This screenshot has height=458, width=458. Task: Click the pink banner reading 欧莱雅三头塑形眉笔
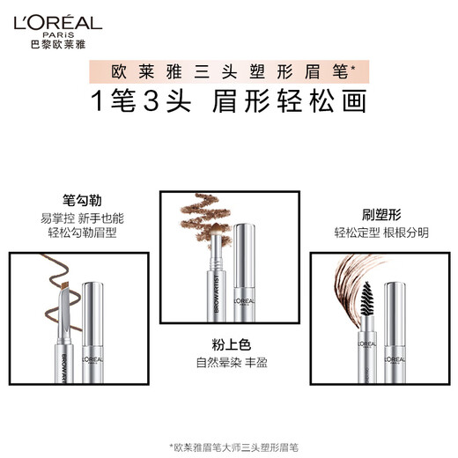coord(229,68)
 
